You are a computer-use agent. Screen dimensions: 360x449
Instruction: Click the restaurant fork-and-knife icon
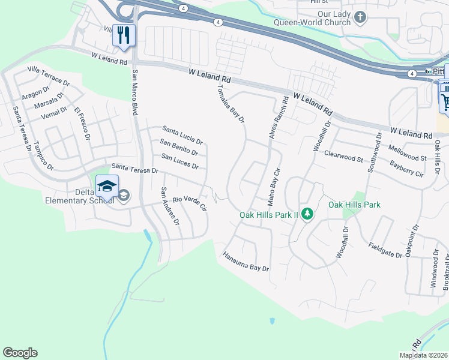click(x=124, y=35)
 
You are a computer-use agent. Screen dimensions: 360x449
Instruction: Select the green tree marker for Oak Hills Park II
click(x=307, y=214)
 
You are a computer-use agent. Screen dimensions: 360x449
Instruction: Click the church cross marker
click(x=360, y=17)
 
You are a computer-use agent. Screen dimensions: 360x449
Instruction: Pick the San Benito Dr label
click(x=179, y=147)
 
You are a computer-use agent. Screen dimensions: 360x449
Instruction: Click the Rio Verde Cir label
click(x=190, y=203)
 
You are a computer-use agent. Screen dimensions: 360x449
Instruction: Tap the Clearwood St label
click(x=344, y=157)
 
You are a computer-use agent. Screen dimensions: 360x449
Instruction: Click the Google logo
click(x=20, y=353)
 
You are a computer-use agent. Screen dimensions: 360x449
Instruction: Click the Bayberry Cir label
click(x=406, y=169)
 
